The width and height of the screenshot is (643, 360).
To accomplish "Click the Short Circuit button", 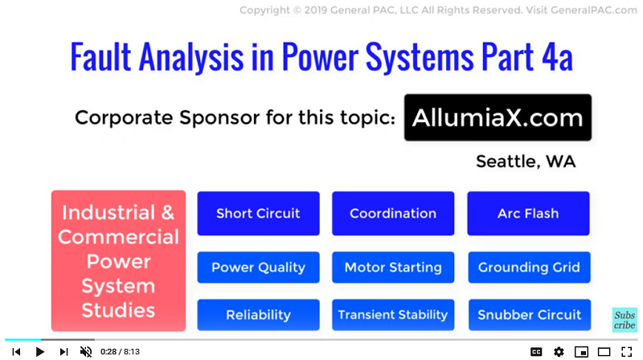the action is click(258, 213).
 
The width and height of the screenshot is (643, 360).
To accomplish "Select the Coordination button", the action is click(393, 213).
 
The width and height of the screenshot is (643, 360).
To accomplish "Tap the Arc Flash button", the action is click(528, 213).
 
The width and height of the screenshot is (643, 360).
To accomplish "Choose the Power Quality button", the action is click(258, 268).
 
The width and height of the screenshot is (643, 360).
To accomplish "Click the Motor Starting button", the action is click(393, 268).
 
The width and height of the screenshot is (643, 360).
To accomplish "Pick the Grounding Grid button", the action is click(529, 268).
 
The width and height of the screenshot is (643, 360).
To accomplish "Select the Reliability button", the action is click(258, 315).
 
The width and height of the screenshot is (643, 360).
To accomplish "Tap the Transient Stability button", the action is click(393, 315).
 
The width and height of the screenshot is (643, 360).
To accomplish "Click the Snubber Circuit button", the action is click(530, 315).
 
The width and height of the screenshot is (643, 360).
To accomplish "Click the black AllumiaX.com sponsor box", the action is click(498, 117).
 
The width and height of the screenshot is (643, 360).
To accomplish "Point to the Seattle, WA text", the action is click(526, 162).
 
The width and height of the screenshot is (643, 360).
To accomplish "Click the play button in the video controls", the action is click(39, 352).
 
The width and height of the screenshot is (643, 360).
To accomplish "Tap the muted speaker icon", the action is click(86, 352).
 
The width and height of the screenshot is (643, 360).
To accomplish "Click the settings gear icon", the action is click(559, 352).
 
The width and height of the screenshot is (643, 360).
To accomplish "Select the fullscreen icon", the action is click(626, 352).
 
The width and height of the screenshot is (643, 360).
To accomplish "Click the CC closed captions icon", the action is click(536, 352).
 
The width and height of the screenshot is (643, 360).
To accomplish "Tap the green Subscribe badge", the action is click(625, 320).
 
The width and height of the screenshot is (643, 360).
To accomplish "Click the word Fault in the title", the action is click(101, 57).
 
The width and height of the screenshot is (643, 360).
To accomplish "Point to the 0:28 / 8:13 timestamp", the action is click(120, 352).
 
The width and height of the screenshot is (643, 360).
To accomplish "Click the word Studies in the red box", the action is click(118, 310).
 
